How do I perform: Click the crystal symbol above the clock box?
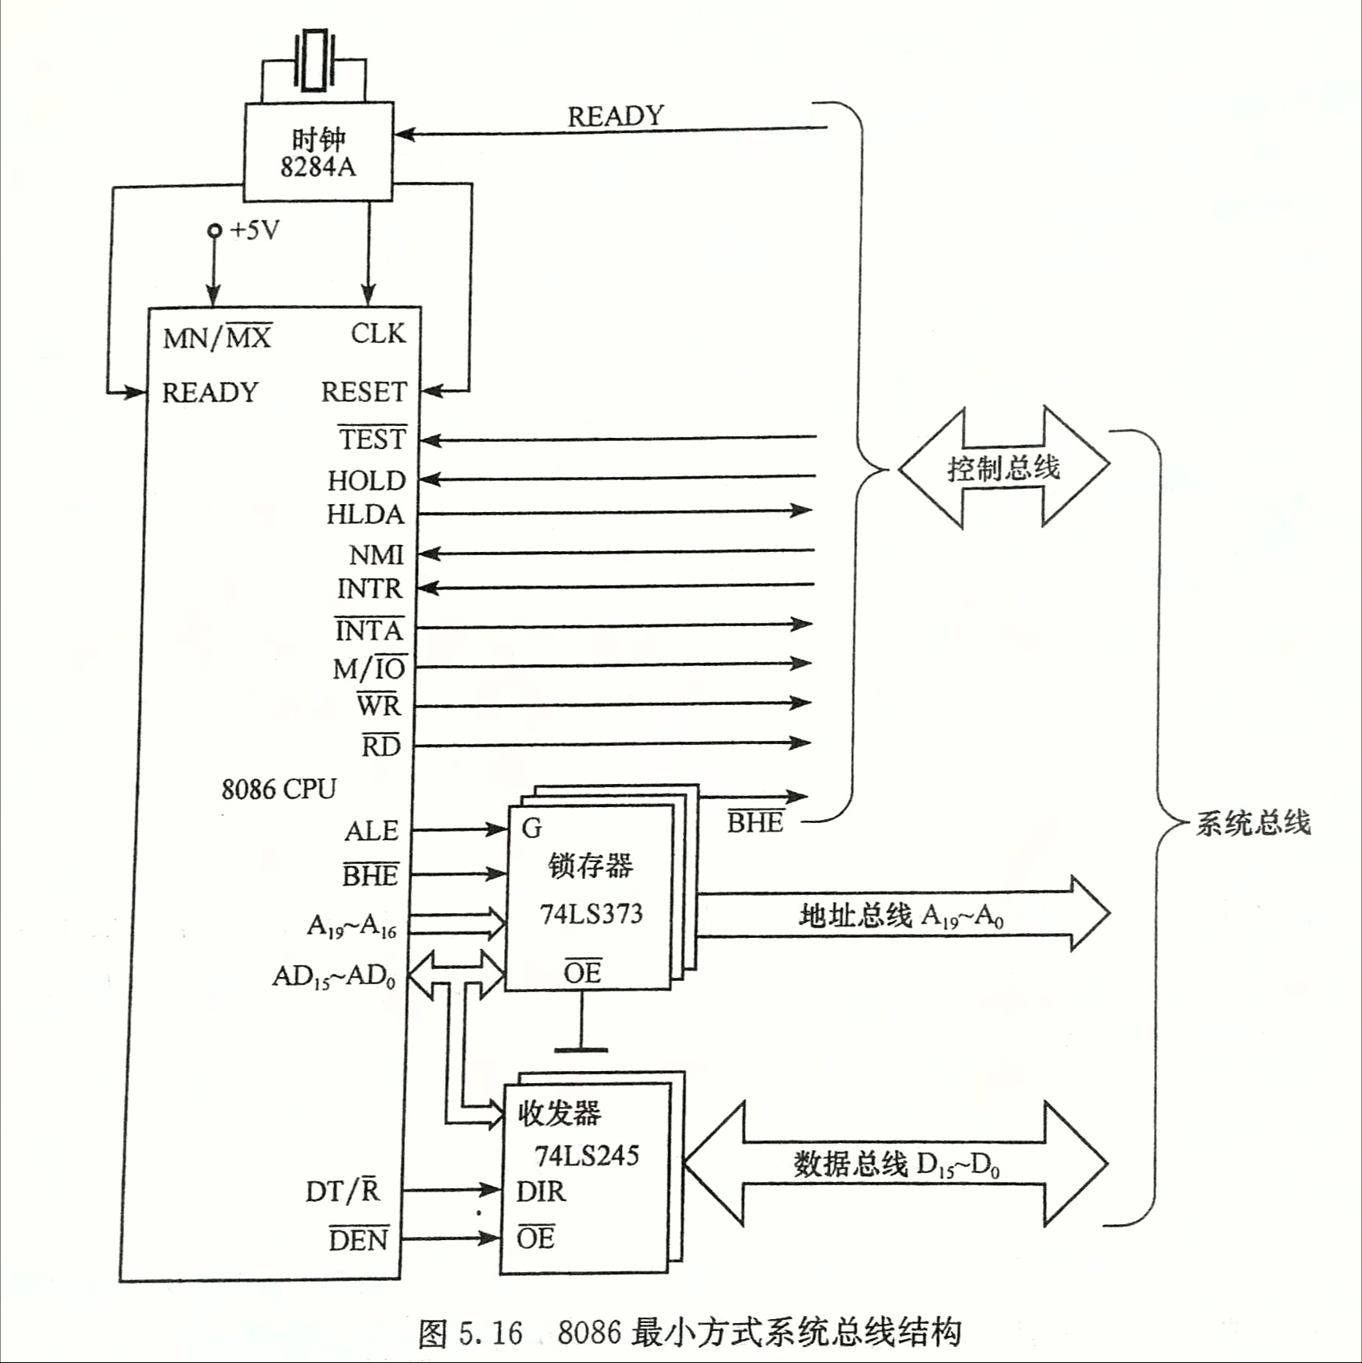click(313, 61)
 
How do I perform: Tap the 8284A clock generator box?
click(317, 152)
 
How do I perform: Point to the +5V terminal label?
click(254, 230)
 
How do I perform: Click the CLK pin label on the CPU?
click(378, 333)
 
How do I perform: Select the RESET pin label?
click(364, 392)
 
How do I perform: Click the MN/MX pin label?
click(217, 337)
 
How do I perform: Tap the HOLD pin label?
click(367, 480)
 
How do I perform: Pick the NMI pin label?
click(376, 554)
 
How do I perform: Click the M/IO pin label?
click(369, 668)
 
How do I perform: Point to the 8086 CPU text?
click(278, 789)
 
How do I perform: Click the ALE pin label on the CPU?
click(371, 831)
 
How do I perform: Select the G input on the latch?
click(531, 829)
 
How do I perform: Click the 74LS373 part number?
click(591, 914)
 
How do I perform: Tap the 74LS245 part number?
click(587, 1156)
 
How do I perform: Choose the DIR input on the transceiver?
click(541, 1192)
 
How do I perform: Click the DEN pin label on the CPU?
click(359, 1239)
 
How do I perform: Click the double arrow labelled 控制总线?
click(1003, 467)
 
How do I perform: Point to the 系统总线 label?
click(1253, 822)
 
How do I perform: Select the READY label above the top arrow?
click(615, 116)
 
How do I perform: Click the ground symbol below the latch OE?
click(581, 1049)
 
